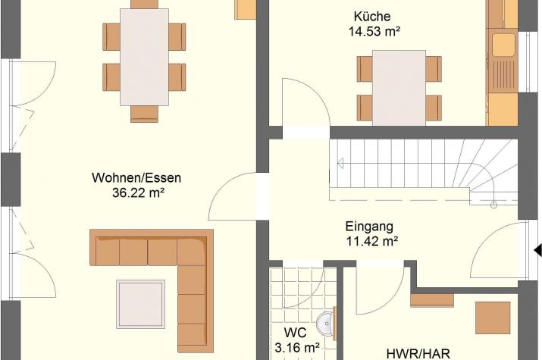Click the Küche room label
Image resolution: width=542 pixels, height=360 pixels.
pyautogui.click(x=372, y=16)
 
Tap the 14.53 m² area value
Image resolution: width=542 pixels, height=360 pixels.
pyautogui.click(x=374, y=31)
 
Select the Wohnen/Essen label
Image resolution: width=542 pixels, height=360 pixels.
pyautogui.click(x=136, y=177)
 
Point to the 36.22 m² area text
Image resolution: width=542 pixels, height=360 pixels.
pyautogui.click(x=138, y=193)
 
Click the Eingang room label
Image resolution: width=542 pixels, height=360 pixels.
pyautogui.click(x=369, y=227)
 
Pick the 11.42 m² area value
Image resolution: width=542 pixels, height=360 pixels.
pyautogui.click(x=372, y=241)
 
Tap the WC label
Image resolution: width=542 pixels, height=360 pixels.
pyautogui.click(x=295, y=333)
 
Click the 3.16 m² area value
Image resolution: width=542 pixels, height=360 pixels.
pyautogui.click(x=296, y=348)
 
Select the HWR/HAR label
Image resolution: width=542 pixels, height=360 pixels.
pyautogui.click(x=418, y=354)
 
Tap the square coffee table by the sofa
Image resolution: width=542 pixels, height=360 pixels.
pyautogui.click(x=140, y=304)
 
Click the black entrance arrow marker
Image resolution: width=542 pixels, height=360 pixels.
pyautogui.click(x=538, y=250)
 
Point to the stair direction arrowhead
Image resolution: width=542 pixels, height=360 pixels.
pyautogui.click(x=340, y=163)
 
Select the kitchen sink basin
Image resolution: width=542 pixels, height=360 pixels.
pyautogui.click(x=503, y=45)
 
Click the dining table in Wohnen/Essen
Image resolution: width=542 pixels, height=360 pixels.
pyautogui.click(x=145, y=57)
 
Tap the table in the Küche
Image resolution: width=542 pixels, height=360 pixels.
pyautogui.click(x=399, y=88)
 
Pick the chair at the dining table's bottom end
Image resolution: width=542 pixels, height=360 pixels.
pyautogui.click(x=145, y=114)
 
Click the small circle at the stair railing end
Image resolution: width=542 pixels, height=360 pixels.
pyautogui.click(x=494, y=205)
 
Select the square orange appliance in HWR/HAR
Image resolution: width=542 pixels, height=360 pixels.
pyautogui.click(x=493, y=318)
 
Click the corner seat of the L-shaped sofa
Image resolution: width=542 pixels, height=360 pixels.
pyautogui.click(x=193, y=252)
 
